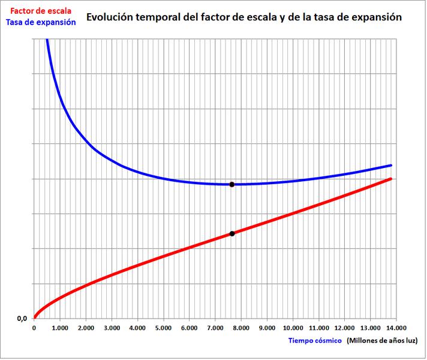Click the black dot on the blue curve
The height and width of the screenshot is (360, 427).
[232, 184]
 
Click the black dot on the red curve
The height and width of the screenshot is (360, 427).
[232, 233]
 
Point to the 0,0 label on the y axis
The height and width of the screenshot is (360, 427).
[22, 319]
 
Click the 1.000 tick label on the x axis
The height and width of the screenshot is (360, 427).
[59, 328]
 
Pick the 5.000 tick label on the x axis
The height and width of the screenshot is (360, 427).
[163, 328]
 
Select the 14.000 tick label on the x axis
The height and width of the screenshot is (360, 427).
[396, 328]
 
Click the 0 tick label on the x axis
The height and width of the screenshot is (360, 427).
[34, 328]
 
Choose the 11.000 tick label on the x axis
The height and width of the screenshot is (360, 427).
[318, 328]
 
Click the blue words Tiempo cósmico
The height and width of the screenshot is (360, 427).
[315, 341]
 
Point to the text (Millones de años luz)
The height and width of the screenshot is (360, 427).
[382, 341]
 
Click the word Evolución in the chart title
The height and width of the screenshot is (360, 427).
[109, 17]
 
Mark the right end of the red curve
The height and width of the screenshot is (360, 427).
[392, 178]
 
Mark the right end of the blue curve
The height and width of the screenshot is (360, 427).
[392, 165]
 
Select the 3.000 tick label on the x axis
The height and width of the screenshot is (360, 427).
[112, 328]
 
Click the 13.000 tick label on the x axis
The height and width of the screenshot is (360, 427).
[370, 328]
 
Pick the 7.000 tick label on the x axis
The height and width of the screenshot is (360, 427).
[215, 328]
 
